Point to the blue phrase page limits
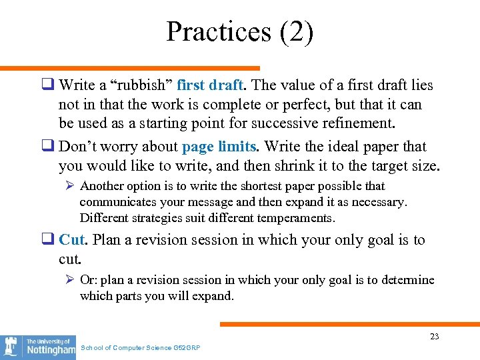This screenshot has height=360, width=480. tap(219, 147)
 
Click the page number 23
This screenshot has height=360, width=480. tap(434, 337)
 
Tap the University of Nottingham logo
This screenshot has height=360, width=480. tap(38, 347)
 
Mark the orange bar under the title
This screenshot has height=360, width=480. tap(130, 68)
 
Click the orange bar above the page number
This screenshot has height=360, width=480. tap(350, 324)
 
